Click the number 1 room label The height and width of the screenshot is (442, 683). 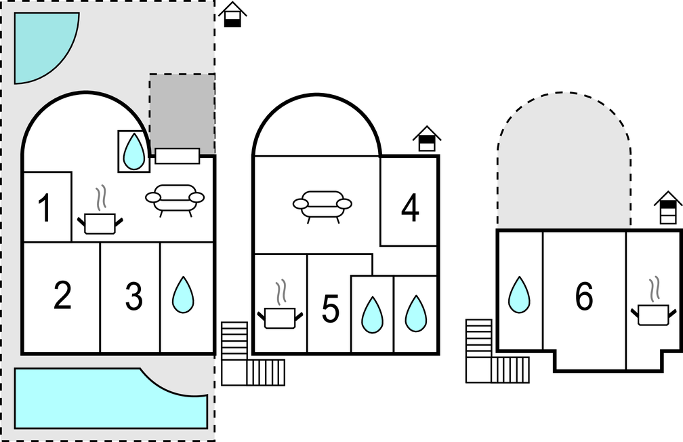[x=45, y=208]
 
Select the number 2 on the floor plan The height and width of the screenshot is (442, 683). [x=62, y=296]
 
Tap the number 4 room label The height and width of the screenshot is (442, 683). [x=410, y=208]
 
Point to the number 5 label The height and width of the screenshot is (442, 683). [x=330, y=308]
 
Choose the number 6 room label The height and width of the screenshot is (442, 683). [x=584, y=296]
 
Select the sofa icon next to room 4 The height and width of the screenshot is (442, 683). [x=323, y=206]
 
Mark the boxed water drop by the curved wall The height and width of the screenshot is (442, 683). [x=133, y=151]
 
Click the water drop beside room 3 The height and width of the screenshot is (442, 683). [x=183, y=295]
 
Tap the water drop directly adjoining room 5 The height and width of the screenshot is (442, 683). [x=373, y=315]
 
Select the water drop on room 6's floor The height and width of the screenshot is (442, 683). [x=519, y=295]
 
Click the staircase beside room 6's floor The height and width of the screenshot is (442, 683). [x=497, y=351]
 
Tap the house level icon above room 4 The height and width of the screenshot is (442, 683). [x=427, y=138]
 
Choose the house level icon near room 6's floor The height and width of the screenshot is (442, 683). [x=668, y=207]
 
